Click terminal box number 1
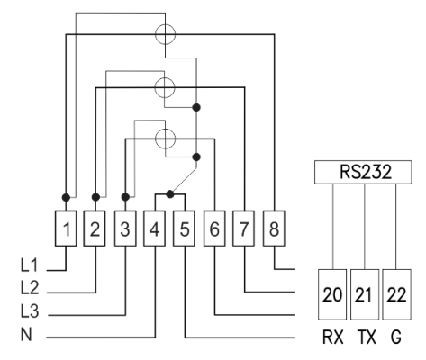tap(66, 229)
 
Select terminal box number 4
tap(154, 229)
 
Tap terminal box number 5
tap(184, 229)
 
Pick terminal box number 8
tap(274, 229)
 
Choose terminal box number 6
tap(214, 229)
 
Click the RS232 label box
tap(363, 172)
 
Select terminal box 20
tap(332, 294)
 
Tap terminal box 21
tap(365, 294)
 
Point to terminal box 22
tap(396, 294)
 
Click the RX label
tap(332, 337)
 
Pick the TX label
tap(367, 337)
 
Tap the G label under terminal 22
tap(396, 337)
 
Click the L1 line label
tap(30, 265)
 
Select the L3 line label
tap(30, 310)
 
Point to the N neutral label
tap(26, 334)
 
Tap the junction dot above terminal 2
tap(95, 197)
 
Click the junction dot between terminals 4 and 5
tap(170, 194)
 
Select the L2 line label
tap(30, 287)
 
